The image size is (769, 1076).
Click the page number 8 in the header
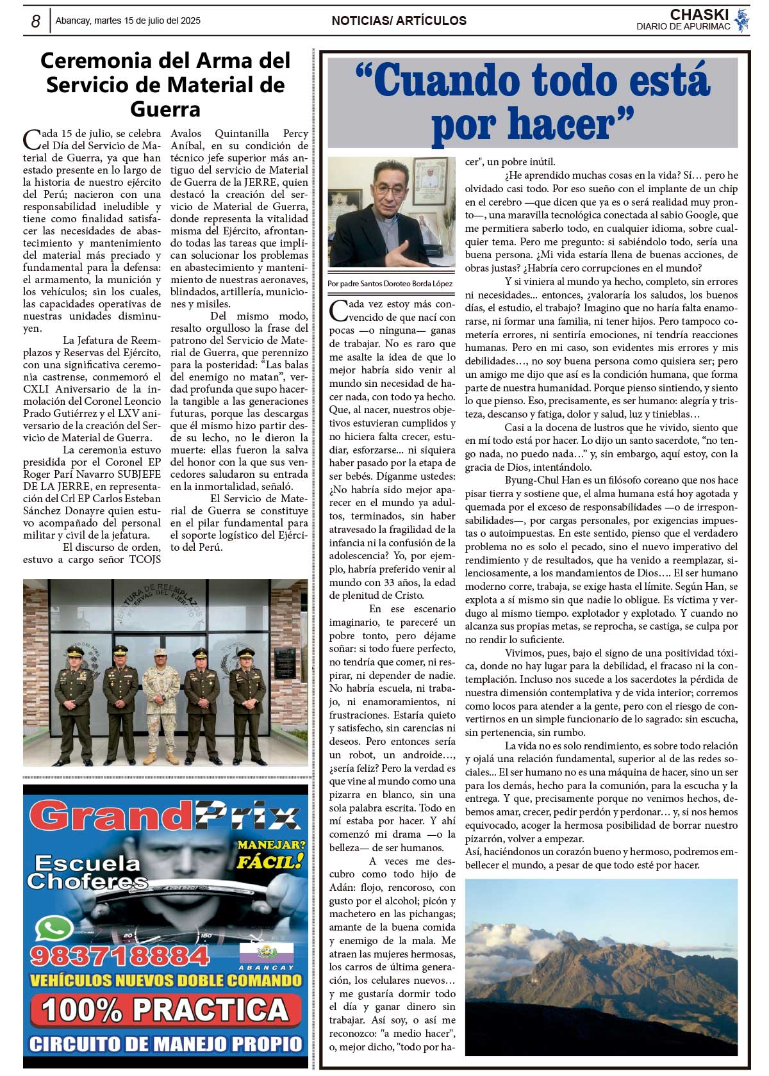coord(35,21)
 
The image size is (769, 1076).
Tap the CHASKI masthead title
coord(699,14)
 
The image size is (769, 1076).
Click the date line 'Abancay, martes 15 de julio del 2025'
coord(128,20)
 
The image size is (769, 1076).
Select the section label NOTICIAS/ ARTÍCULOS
coord(399,20)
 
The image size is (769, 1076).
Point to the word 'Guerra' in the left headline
coord(165,109)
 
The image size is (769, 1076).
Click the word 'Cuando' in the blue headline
coord(447,81)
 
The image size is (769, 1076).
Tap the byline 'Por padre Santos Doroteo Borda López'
coord(390,284)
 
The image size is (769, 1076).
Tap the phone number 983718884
coord(119,956)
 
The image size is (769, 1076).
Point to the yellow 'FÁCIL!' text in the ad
coord(269,861)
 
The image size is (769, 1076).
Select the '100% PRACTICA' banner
coord(165,1010)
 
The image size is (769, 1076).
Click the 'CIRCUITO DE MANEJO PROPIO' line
coord(165,1044)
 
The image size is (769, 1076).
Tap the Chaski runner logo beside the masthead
coord(742,20)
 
